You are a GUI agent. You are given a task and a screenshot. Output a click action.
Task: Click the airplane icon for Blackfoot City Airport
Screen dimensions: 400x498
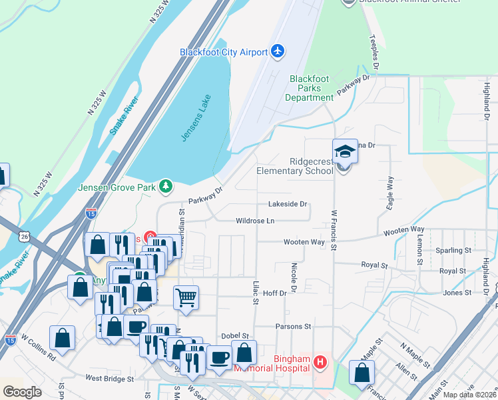click(278, 52)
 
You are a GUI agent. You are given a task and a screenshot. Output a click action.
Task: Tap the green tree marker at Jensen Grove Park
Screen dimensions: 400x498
click(166, 187)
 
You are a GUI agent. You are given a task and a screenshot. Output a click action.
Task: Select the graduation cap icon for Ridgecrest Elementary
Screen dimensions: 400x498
click(345, 151)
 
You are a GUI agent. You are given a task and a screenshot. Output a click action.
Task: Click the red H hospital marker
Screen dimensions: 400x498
click(321, 363)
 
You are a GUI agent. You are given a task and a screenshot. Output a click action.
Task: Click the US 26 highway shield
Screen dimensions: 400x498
click(25, 236)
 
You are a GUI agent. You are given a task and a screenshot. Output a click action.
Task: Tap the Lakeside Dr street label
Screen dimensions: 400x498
click(288, 204)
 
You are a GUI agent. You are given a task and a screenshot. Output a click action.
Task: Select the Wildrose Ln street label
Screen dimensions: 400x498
click(255, 221)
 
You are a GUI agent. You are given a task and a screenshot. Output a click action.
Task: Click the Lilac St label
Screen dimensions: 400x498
click(254, 293)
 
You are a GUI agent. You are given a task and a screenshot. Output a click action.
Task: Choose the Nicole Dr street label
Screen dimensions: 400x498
click(293, 275)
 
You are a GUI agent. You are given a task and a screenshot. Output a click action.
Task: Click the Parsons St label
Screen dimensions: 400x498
click(294, 327)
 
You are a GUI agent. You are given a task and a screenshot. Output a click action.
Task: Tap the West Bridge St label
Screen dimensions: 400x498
click(110, 378)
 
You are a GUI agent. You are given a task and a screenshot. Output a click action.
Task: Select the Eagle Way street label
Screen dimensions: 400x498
click(390, 193)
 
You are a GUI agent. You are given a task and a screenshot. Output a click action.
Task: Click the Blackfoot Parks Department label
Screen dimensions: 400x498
click(310, 88)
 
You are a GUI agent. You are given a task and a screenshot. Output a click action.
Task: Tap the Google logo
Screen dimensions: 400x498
click(22, 392)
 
